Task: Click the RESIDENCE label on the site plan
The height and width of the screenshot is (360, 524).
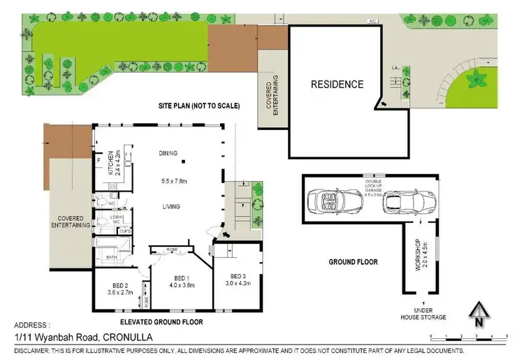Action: click(x=337, y=85)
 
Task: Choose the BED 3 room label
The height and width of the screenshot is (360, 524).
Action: click(x=239, y=279)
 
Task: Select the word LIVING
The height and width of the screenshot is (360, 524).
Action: click(x=171, y=206)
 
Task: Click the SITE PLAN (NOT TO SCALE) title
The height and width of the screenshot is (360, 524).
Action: click(x=198, y=106)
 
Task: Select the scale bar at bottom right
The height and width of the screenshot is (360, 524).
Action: click(x=469, y=337)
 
